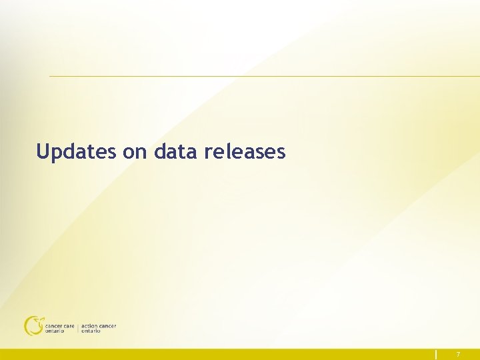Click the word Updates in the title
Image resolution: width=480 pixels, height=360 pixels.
coord(77,152)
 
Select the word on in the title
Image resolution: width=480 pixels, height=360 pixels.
coord(135,153)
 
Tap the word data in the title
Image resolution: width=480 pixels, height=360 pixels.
coord(175,152)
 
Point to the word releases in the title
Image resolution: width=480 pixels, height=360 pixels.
coord(245,152)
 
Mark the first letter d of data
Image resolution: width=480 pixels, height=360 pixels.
coord(159,152)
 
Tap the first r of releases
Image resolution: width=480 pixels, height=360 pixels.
coord(207,153)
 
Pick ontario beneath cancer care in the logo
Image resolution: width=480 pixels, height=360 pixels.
coord(55,331)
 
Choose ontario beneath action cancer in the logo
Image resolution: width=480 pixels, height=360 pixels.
coord(91,331)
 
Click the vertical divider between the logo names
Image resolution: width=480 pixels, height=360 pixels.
coord(78,328)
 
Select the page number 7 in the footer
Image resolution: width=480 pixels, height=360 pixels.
coord(458,355)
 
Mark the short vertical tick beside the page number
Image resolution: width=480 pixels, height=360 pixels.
coord(437,355)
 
